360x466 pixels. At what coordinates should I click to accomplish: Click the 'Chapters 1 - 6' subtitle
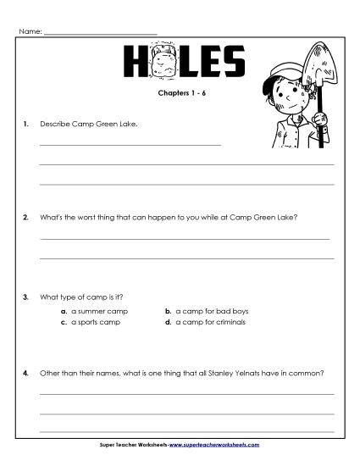(x=182, y=95)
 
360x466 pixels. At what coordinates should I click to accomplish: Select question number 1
(x=27, y=125)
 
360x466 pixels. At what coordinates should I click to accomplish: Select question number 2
(x=27, y=218)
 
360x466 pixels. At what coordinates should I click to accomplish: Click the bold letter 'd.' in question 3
(x=168, y=322)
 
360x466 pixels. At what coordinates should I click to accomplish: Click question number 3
(x=27, y=297)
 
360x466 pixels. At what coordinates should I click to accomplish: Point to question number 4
(x=27, y=373)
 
